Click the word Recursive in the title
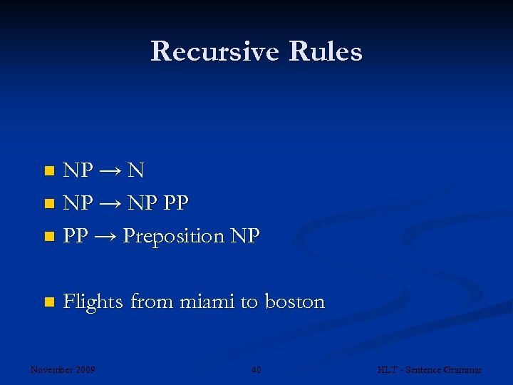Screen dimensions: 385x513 (211, 51)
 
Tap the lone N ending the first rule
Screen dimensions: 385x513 (137, 170)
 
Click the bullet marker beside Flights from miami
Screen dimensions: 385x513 (48, 302)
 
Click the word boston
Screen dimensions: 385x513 (294, 302)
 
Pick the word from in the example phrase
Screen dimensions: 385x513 (152, 302)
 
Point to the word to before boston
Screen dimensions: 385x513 (249, 302)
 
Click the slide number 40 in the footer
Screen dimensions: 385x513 (256, 369)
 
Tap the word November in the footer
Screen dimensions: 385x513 (52, 369)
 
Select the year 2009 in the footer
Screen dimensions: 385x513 (85, 369)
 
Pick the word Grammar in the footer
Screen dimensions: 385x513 (463, 369)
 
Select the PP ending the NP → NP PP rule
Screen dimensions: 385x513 (175, 203)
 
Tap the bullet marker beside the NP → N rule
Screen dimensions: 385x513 (48, 171)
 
